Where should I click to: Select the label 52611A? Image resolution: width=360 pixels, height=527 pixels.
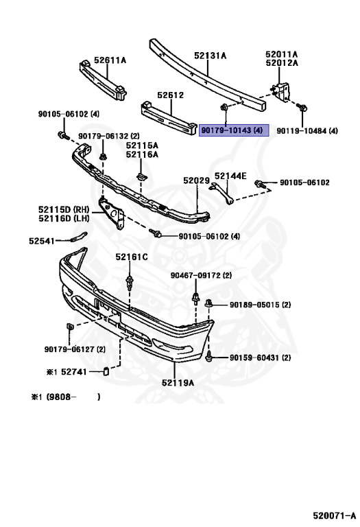(x=110, y=60)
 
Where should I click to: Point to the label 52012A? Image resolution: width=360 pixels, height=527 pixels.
(x=282, y=63)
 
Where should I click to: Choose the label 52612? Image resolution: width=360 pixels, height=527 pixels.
(x=170, y=95)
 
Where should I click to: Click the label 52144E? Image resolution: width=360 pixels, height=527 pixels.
(x=230, y=175)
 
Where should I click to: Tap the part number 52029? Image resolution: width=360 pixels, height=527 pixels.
(x=195, y=180)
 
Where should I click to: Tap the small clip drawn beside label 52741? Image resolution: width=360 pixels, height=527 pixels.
(x=106, y=373)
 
